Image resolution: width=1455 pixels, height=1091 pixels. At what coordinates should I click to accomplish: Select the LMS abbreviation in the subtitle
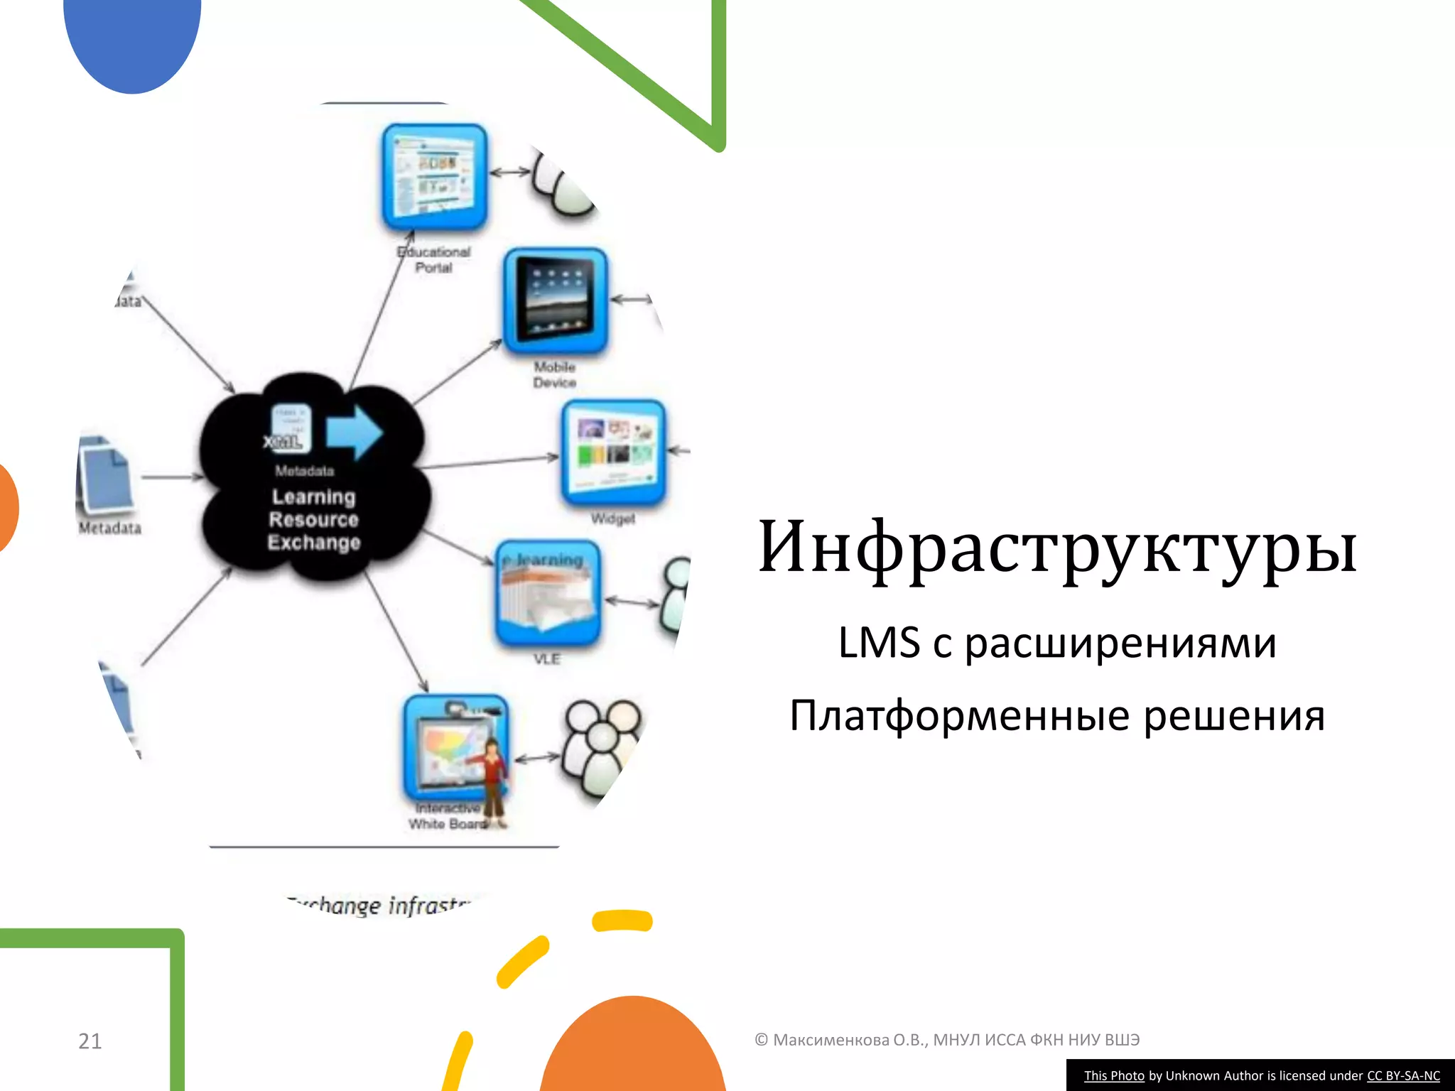(879, 643)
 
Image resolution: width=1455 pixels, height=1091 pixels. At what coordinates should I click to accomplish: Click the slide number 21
(90, 1041)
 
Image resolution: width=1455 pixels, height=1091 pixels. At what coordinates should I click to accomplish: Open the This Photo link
(1113, 1075)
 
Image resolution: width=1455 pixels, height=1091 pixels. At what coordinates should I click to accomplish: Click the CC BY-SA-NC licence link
(1403, 1075)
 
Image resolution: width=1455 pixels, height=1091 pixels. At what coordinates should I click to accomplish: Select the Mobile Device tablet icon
(555, 301)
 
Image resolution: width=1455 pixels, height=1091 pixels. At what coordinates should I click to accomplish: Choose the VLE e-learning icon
(548, 592)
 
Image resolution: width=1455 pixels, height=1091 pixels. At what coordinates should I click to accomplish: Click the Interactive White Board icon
(455, 747)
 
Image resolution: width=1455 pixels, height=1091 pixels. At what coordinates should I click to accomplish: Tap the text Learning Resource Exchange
(313, 519)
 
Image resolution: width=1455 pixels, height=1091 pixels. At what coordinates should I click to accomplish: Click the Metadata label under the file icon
(110, 528)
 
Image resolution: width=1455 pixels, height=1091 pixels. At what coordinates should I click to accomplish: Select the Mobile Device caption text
(555, 374)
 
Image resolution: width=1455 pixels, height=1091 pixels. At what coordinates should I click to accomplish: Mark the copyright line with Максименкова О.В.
(946, 1040)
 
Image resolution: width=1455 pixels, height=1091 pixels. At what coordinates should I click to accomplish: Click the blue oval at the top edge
(132, 39)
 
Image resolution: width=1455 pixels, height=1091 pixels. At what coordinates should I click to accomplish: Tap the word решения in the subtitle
(1234, 715)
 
